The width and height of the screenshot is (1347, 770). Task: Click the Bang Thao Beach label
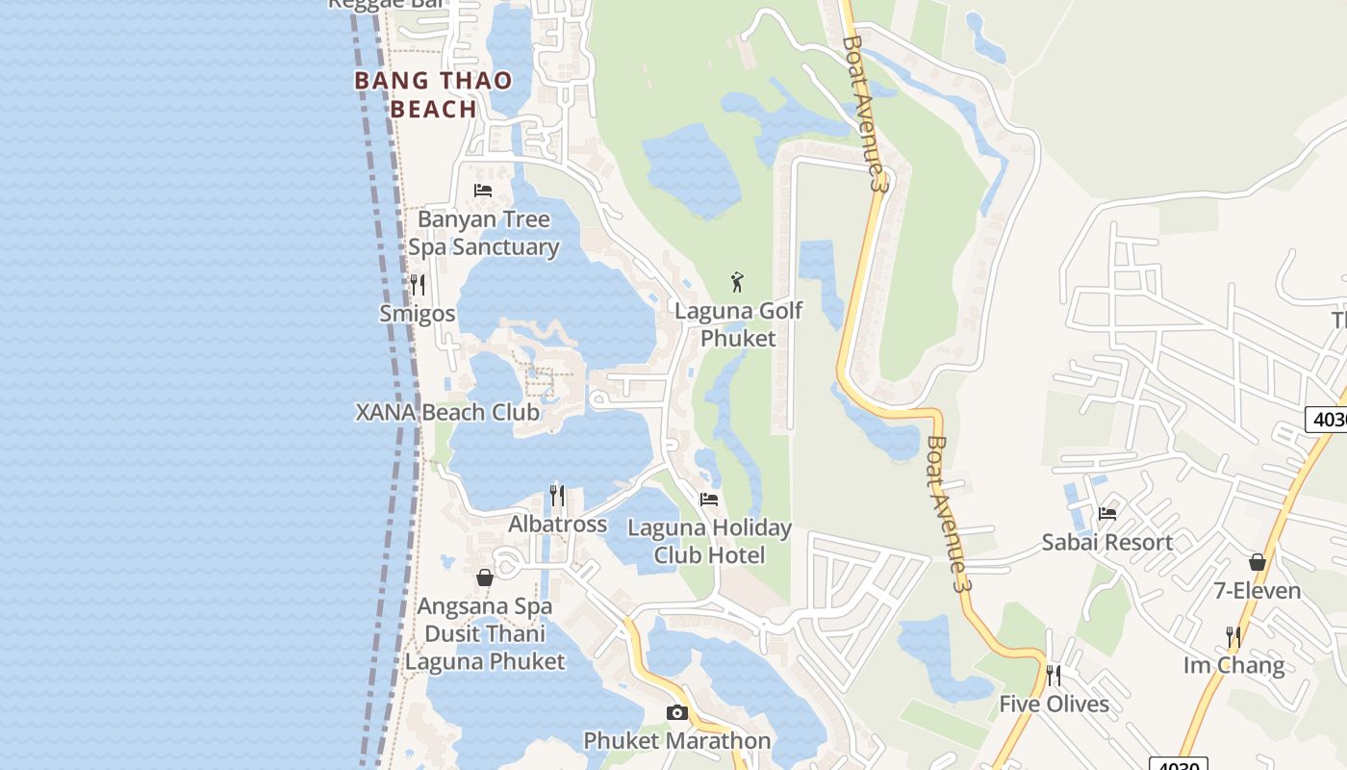click(x=434, y=94)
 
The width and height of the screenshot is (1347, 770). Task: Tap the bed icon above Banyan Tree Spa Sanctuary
click(x=483, y=191)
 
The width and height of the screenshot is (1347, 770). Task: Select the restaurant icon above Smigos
click(x=418, y=285)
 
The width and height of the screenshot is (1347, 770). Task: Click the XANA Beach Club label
click(x=447, y=413)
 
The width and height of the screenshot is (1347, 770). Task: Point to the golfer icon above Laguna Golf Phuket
click(x=738, y=282)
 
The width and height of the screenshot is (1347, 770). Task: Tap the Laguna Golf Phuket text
click(x=738, y=324)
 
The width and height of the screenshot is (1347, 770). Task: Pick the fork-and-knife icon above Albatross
click(x=557, y=496)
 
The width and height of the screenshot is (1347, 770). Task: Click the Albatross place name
click(x=557, y=525)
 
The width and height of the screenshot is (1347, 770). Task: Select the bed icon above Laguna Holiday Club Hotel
click(x=709, y=500)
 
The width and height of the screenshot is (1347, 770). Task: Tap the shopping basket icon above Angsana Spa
click(x=485, y=577)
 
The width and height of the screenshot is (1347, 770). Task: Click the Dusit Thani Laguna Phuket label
click(x=485, y=648)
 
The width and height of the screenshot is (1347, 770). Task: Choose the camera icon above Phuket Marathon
click(x=677, y=712)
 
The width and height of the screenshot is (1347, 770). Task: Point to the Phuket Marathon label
click(x=677, y=741)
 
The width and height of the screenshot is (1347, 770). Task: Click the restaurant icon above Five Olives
click(x=1054, y=676)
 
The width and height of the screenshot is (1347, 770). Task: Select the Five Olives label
click(x=1054, y=705)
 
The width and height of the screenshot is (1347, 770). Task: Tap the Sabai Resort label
click(x=1107, y=543)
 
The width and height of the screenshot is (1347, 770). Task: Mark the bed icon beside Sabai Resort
click(x=1107, y=514)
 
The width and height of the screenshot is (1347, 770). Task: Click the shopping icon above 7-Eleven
click(x=1258, y=562)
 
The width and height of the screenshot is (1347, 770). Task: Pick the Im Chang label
click(x=1233, y=666)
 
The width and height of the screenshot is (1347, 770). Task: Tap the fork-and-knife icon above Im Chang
click(x=1233, y=637)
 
